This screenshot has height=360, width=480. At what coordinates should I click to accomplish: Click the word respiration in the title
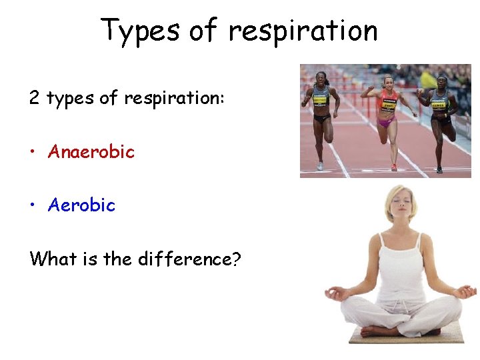point(303,31)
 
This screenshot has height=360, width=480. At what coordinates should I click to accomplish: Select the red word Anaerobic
point(91,152)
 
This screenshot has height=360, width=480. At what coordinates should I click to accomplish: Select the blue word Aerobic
point(81,205)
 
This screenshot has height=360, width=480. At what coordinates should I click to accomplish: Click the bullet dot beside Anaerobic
point(33,153)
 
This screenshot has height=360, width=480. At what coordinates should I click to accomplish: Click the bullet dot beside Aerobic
point(33,206)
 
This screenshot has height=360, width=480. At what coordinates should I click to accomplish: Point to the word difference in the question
point(182,258)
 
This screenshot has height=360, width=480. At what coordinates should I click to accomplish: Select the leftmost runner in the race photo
point(321,113)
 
